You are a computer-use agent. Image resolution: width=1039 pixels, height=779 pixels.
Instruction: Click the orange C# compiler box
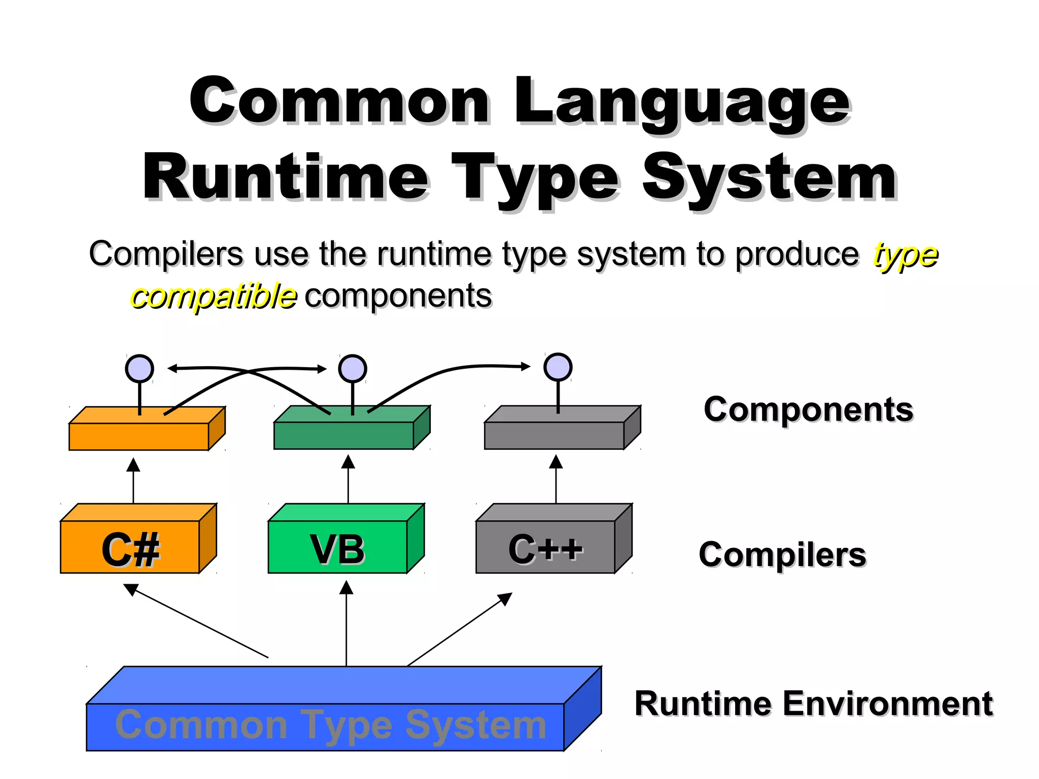pyautogui.click(x=130, y=547)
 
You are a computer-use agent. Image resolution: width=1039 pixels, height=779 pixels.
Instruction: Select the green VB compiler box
pyautogui.click(x=337, y=547)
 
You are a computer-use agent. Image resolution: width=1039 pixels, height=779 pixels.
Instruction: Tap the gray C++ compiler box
pyautogui.click(x=545, y=547)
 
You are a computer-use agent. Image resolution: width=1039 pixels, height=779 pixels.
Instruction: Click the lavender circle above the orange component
pyautogui.click(x=140, y=369)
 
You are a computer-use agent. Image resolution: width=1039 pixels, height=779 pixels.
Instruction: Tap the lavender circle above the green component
pyautogui.click(x=353, y=369)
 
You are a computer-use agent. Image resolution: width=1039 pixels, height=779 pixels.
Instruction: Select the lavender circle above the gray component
pyautogui.click(x=558, y=367)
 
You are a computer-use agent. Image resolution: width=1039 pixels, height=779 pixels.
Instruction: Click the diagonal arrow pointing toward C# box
pyautogui.click(x=198, y=622)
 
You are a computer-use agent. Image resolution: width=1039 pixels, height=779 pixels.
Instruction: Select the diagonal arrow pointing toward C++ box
pyautogui.click(x=459, y=629)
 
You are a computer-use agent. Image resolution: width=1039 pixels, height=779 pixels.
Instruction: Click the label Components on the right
pyautogui.click(x=808, y=409)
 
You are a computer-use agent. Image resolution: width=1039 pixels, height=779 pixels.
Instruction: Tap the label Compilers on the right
pyautogui.click(x=782, y=554)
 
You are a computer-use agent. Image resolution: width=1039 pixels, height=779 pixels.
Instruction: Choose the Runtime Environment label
pyautogui.click(x=813, y=704)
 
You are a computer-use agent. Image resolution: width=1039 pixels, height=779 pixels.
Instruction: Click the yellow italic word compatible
pyautogui.click(x=214, y=297)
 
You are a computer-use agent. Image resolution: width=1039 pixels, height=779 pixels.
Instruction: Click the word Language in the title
pyautogui.click(x=682, y=101)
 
